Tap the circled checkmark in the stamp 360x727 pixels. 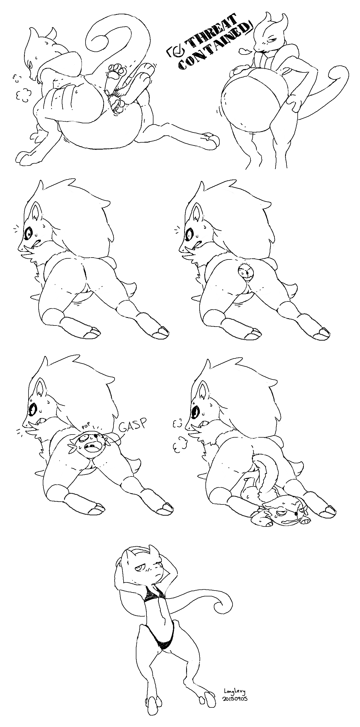point(178,51)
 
